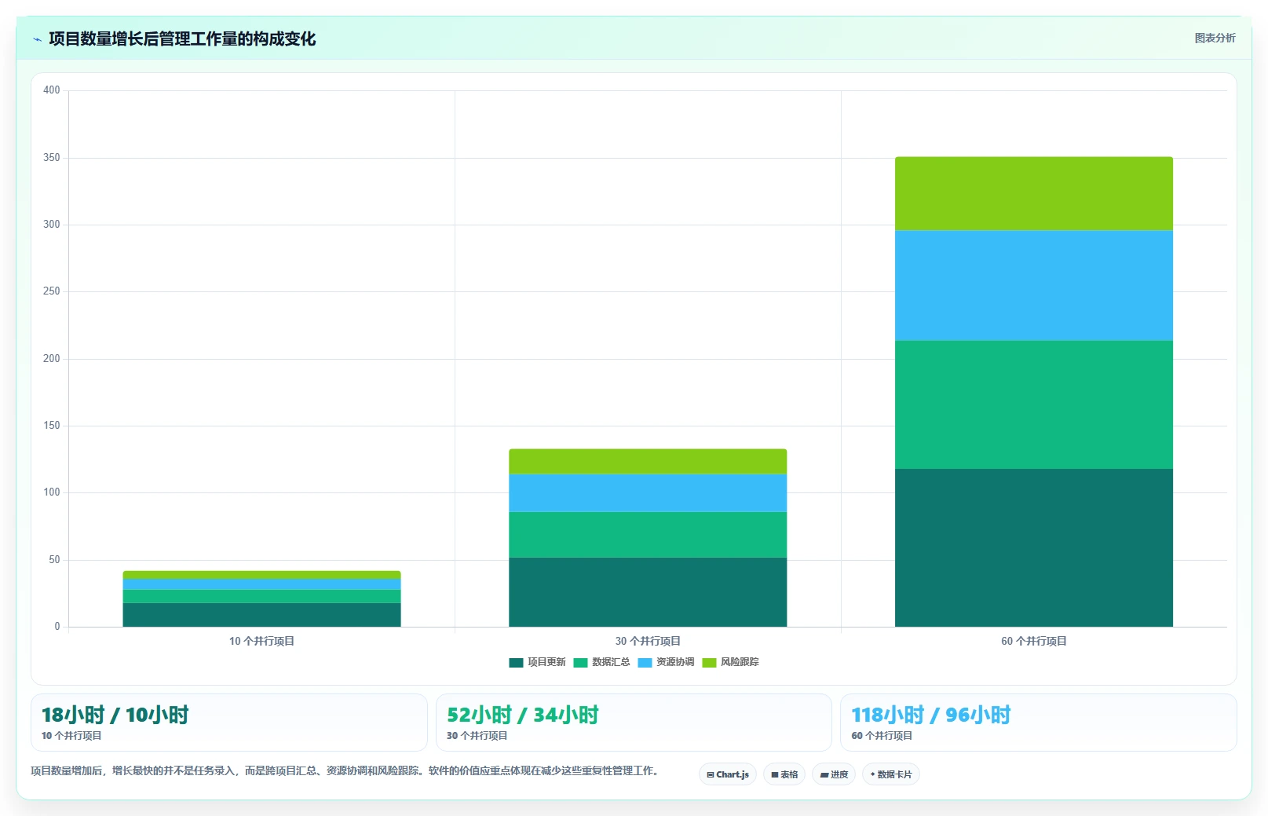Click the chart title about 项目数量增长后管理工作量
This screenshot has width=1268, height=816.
point(182,39)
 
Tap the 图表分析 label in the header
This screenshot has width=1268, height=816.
point(1215,38)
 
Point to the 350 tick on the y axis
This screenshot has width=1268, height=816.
point(52,157)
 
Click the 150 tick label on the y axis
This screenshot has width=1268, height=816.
point(52,425)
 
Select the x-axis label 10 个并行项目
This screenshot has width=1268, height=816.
point(261,641)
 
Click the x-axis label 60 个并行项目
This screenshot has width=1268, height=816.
point(1034,641)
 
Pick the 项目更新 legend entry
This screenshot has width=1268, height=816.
point(537,662)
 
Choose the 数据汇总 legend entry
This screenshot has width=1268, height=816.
point(601,662)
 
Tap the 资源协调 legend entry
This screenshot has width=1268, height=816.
point(666,662)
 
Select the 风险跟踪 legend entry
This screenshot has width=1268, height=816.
point(730,662)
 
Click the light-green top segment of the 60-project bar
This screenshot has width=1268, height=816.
point(1034,194)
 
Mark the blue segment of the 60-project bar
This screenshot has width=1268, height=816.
point(1034,285)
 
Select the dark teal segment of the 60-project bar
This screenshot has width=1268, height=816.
point(1034,547)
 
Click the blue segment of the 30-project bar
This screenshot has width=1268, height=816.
point(648,493)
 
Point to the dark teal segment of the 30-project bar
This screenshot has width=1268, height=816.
point(648,592)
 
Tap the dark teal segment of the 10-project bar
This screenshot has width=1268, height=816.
point(261,615)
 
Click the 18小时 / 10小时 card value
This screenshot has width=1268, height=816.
point(115,715)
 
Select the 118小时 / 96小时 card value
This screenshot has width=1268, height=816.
point(931,715)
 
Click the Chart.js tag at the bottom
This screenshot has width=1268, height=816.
point(727,774)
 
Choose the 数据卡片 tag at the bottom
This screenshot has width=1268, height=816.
point(890,774)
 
